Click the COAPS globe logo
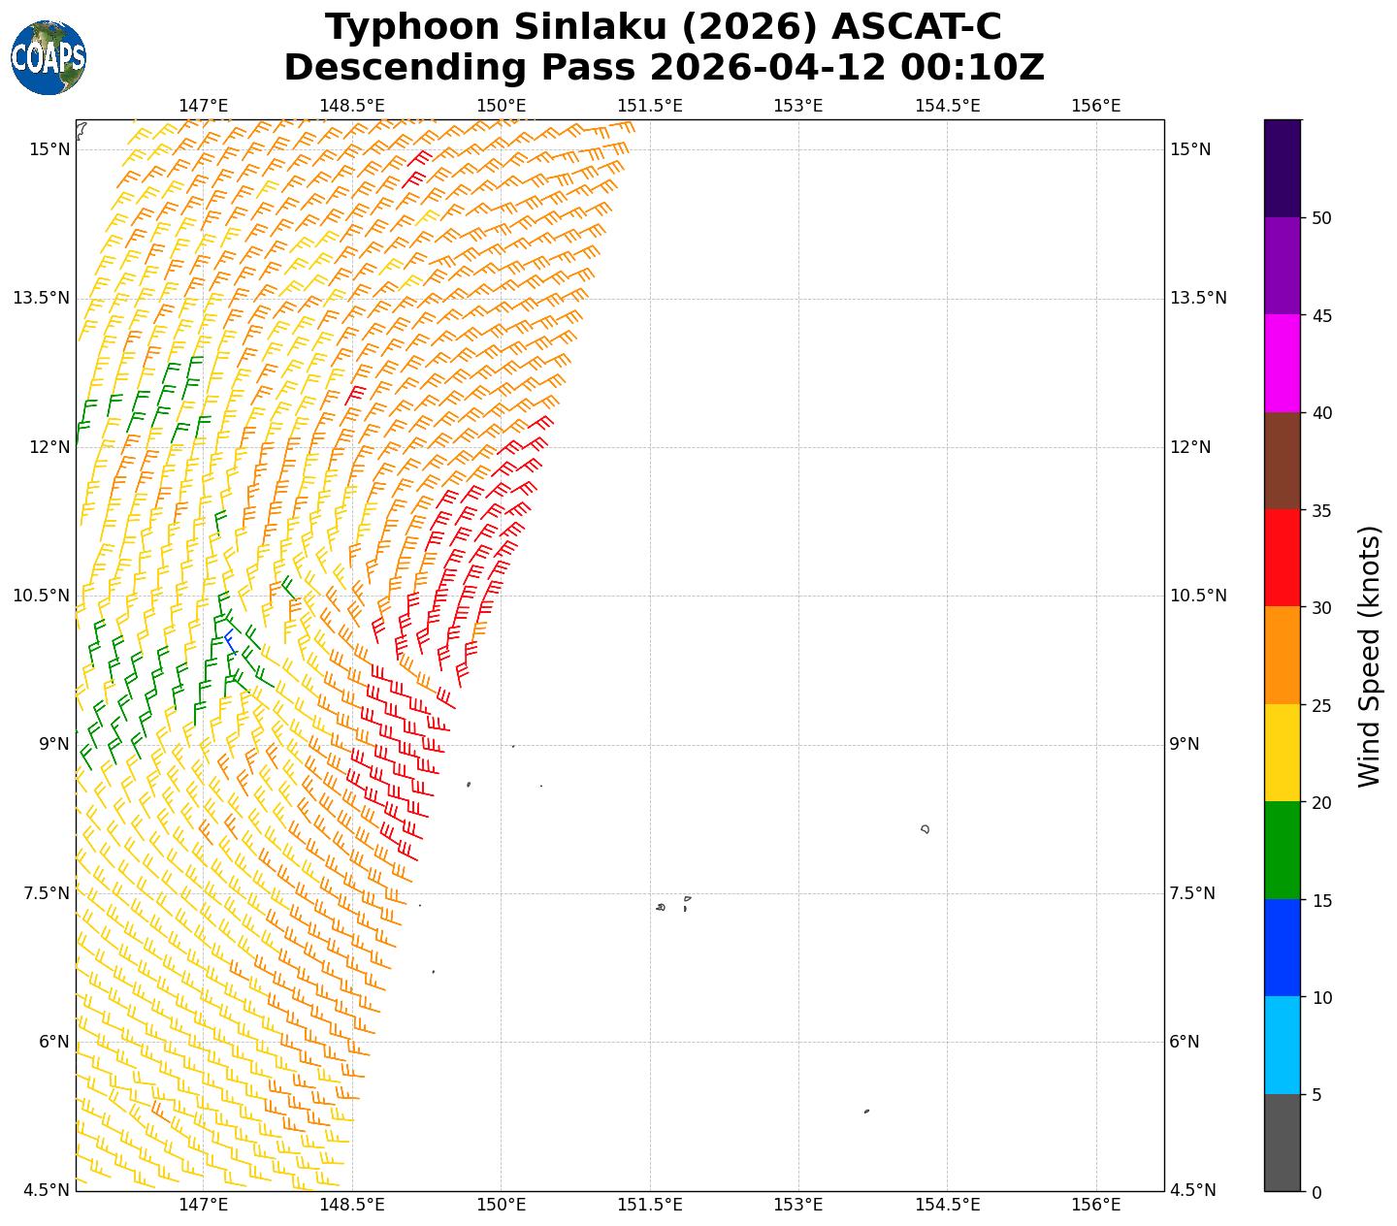pyautogui.click(x=49, y=57)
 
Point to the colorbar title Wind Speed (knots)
pyautogui.click(x=1368, y=656)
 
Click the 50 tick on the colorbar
pyautogui.click(x=1320, y=218)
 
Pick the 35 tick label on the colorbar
pyautogui.click(x=1320, y=511)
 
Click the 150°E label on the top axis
pyautogui.click(x=501, y=106)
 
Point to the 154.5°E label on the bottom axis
pyautogui.click(x=947, y=1205)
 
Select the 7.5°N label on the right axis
pyautogui.click(x=1192, y=893)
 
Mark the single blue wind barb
pyautogui.click(x=230, y=641)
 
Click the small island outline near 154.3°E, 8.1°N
pyautogui.click(x=926, y=828)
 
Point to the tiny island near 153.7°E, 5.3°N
pyautogui.click(x=866, y=1112)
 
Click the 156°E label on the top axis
pyautogui.click(x=1095, y=106)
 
